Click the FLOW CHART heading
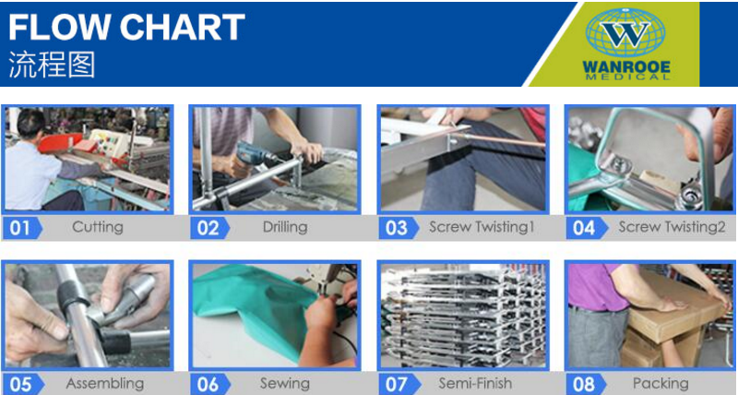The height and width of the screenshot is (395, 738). [x=126, y=27]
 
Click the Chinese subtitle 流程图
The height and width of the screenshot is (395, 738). [x=52, y=65]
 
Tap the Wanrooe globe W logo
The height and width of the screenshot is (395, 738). [x=625, y=32]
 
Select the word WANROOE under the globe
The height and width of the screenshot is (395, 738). [x=626, y=67]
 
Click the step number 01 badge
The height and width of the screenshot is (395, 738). [x=22, y=228]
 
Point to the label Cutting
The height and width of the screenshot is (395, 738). [x=98, y=227]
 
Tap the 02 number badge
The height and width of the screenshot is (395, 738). [x=210, y=228]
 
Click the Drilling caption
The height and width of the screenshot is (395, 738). [x=285, y=227]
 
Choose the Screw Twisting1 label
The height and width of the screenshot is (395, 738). [x=482, y=227]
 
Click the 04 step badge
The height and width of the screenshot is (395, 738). [x=586, y=228]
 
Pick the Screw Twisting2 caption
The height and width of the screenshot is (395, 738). [x=672, y=227]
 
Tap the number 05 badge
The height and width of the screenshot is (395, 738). [x=22, y=384]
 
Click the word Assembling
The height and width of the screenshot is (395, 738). [x=105, y=384]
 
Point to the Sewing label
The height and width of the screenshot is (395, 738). [x=285, y=384]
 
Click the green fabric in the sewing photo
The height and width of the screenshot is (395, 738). [x=255, y=301]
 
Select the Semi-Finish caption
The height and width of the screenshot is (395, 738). [x=475, y=383]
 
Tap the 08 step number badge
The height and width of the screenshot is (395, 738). [x=586, y=384]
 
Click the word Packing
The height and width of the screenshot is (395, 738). [x=661, y=383]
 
